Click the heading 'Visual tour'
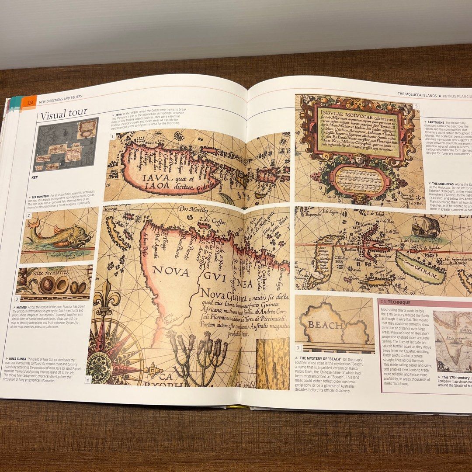(62, 114)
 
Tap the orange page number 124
(30, 102)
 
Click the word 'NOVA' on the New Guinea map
(171, 271)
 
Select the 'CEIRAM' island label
(421, 273)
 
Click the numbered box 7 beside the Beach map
(298, 348)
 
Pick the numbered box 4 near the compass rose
(87, 380)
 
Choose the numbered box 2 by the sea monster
(28, 215)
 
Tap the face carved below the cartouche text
(361, 158)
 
